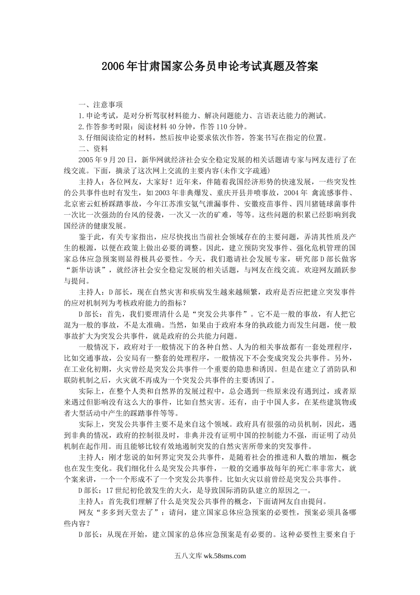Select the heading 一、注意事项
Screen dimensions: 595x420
tap(100, 105)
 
